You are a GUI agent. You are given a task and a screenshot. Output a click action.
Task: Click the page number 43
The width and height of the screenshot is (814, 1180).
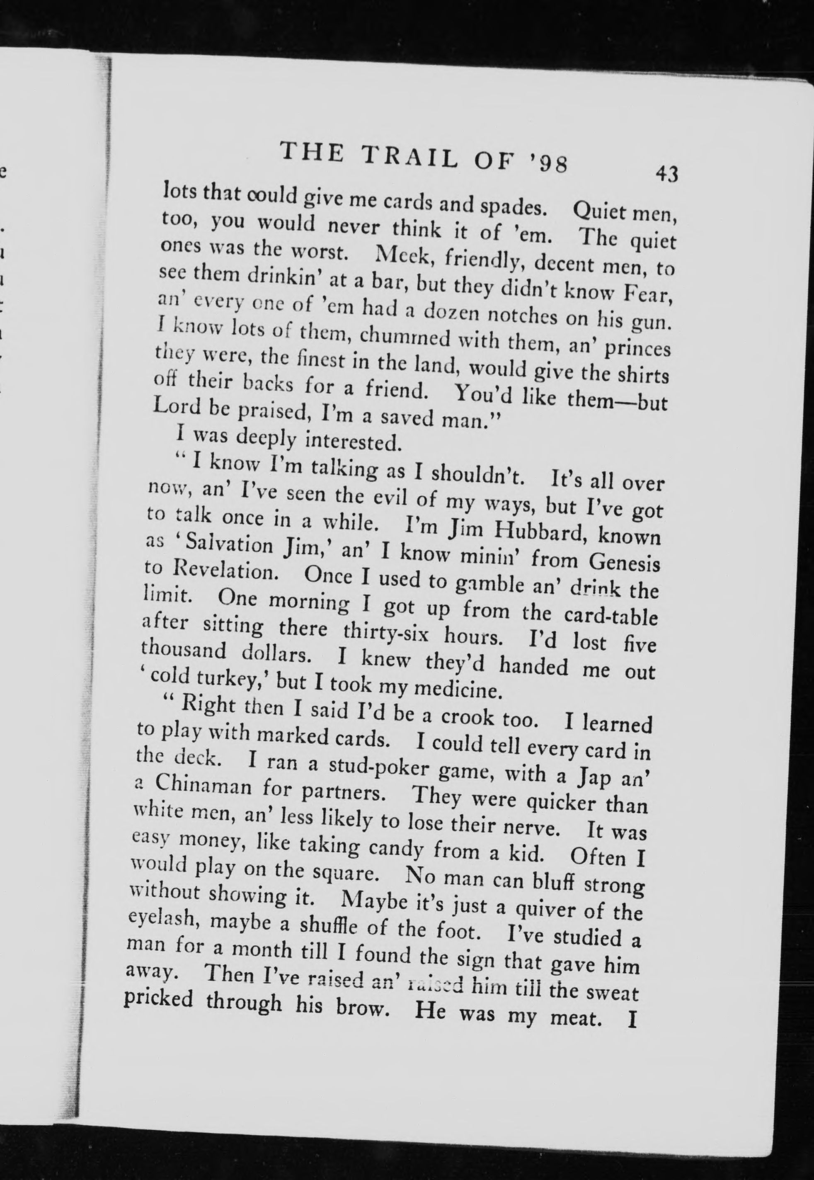(x=666, y=175)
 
